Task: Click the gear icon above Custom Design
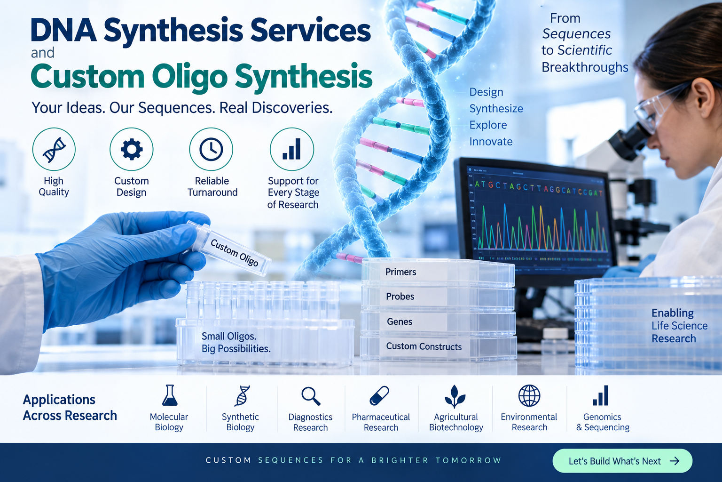(x=132, y=149)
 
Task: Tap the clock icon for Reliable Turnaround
(x=211, y=149)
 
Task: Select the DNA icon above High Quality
(x=54, y=150)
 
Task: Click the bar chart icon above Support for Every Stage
(x=291, y=149)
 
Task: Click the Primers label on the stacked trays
(x=400, y=272)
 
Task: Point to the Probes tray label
(x=400, y=297)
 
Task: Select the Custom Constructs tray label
(x=424, y=346)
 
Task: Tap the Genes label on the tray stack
(x=400, y=321)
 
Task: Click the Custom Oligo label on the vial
(x=235, y=253)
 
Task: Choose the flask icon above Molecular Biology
(x=170, y=395)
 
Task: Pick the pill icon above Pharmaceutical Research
(x=379, y=395)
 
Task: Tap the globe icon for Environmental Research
(x=529, y=395)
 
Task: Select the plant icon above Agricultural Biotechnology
(x=455, y=396)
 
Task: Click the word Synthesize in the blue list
(x=496, y=108)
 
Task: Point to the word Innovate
(x=491, y=141)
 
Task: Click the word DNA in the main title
(x=63, y=30)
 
